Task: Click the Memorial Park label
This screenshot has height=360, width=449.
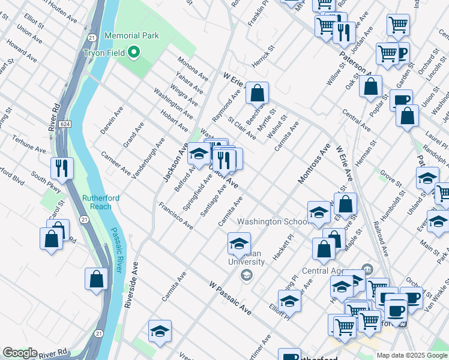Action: click(x=131, y=35)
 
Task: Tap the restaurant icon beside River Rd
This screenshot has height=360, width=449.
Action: click(x=61, y=169)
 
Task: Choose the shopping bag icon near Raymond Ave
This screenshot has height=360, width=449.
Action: click(x=257, y=94)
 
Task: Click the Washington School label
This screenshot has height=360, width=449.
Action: click(x=268, y=221)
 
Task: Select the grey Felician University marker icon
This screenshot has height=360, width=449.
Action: click(x=246, y=275)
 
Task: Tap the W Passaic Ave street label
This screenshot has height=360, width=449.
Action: click(x=231, y=298)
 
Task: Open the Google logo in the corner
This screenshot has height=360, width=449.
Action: click(x=20, y=353)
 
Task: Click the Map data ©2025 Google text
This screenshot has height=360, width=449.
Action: click(x=411, y=355)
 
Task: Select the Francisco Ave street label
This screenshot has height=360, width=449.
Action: click(x=176, y=216)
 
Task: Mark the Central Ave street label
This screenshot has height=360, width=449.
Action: click(x=355, y=119)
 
